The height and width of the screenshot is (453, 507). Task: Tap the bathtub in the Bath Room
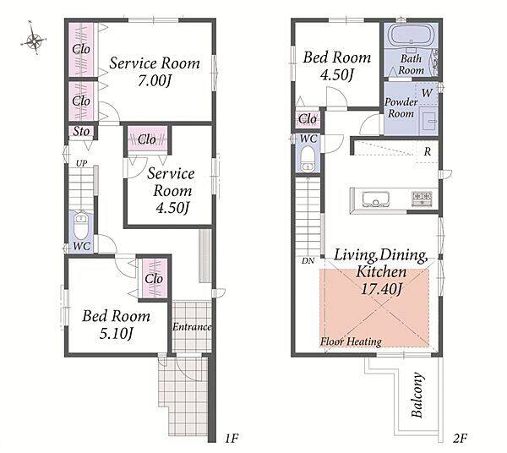point(411,35)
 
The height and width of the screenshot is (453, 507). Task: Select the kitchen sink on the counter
point(375,199)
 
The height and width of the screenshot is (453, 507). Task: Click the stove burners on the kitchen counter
point(422,199)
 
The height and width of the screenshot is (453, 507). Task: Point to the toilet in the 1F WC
point(81,226)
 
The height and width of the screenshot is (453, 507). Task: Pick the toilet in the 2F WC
point(308,159)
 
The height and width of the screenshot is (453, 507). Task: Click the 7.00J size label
point(155,81)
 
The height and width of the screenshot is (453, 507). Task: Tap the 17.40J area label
point(381,289)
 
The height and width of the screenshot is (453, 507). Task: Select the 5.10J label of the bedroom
point(116,333)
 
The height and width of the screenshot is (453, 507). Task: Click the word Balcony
point(417,396)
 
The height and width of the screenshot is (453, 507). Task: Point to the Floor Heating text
point(351,341)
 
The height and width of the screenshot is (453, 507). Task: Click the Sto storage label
point(81,132)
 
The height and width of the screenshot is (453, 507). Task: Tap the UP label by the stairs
point(81,164)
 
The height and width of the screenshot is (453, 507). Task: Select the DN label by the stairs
point(308,260)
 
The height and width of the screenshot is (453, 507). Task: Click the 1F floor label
point(232,439)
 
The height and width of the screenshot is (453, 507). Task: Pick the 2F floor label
point(460,439)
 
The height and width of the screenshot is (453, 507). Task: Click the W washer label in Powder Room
point(427,93)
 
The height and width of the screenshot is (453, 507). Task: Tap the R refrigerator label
point(428,151)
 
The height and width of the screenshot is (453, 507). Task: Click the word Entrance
point(192,327)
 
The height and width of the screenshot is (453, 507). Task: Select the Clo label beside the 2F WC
point(308,119)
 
